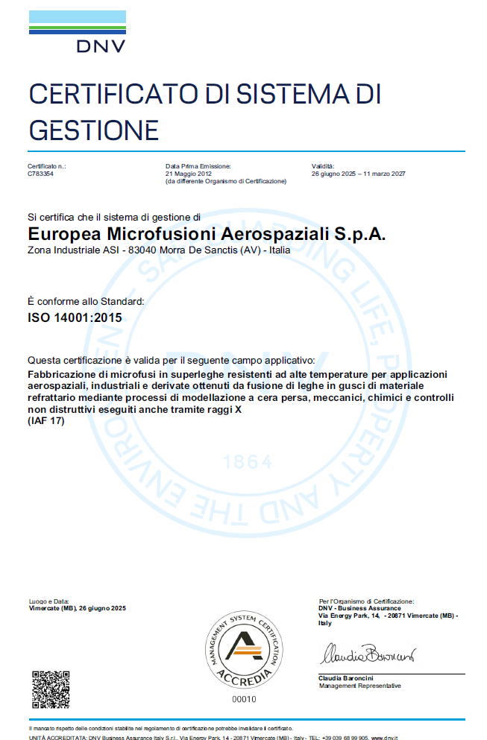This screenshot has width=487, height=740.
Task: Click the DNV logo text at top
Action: coord(101,46)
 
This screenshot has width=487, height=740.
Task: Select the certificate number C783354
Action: coord(40,173)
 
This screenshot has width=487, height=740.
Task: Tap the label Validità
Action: coord(323,165)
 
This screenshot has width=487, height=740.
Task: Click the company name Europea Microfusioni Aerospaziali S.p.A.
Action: coord(207,234)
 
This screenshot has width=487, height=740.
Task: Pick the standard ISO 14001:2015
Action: coord(75,317)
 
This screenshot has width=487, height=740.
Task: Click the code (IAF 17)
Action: coord(46,422)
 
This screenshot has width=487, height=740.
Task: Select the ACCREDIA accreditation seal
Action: coord(244,650)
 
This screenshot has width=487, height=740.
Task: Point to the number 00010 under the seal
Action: coord(244,699)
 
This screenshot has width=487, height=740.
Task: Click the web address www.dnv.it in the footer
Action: coord(385,737)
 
